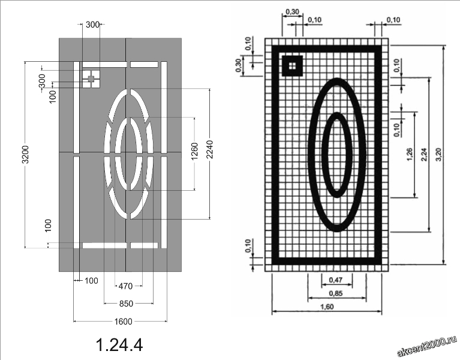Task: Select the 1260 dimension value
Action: tap(194, 154)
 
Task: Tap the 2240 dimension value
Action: tap(209, 154)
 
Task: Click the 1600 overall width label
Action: tap(123, 321)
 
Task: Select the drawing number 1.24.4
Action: tap(119, 344)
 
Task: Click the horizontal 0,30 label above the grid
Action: tap(292, 11)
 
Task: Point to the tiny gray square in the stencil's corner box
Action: tap(91, 78)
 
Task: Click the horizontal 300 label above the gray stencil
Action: tap(92, 25)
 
